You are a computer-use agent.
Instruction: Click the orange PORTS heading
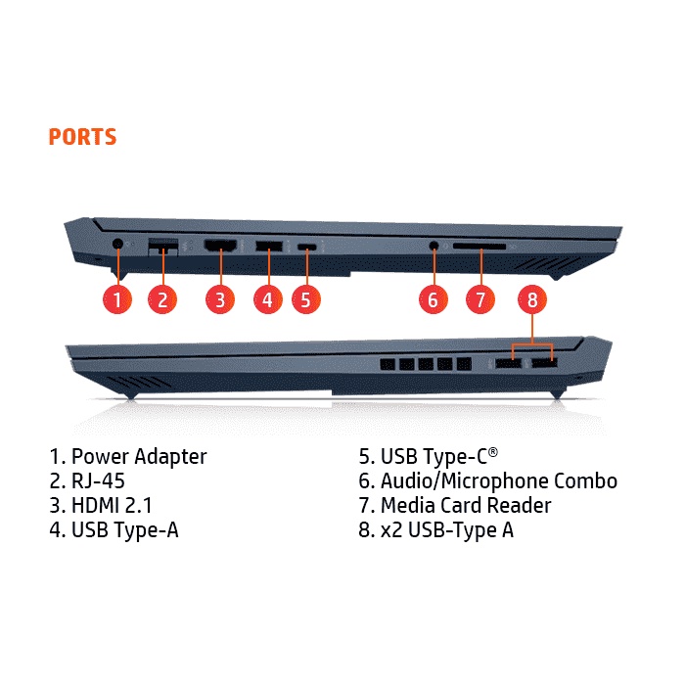click(x=82, y=137)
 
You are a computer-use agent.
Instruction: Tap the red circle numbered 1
click(x=117, y=298)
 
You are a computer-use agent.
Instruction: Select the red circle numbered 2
click(x=163, y=298)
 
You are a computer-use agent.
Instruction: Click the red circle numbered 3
click(x=221, y=298)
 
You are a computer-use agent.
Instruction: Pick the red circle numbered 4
click(x=267, y=298)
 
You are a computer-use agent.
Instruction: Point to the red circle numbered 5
click(x=306, y=298)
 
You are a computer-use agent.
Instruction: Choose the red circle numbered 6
click(x=433, y=298)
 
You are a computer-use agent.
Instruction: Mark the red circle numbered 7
click(x=479, y=298)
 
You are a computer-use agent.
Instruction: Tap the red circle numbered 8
click(x=532, y=300)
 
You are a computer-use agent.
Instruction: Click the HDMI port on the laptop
click(x=221, y=246)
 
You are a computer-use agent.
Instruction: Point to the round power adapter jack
click(x=117, y=244)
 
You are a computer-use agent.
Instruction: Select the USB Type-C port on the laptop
click(x=307, y=247)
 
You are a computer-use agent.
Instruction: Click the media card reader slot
click(x=479, y=248)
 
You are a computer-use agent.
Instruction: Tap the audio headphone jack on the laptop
click(x=433, y=246)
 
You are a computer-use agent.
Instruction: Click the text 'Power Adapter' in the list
click(x=139, y=456)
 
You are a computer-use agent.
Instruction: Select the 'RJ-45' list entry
click(x=98, y=480)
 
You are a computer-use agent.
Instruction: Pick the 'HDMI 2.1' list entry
click(x=111, y=506)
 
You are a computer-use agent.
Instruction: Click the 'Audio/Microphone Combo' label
click(x=499, y=480)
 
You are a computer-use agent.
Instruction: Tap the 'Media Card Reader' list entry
click(x=466, y=506)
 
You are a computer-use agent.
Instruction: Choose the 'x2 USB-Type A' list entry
click(x=447, y=530)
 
